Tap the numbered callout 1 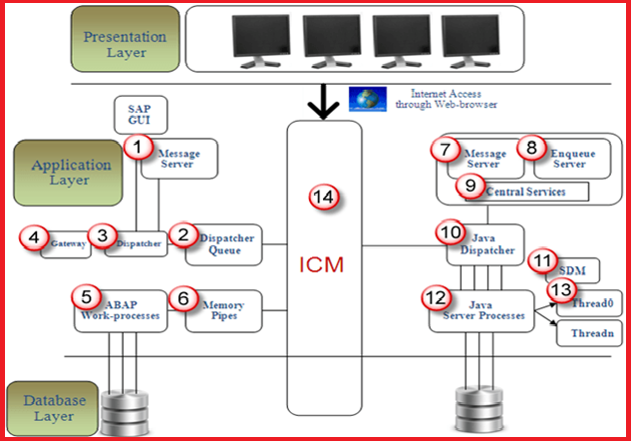click(x=139, y=147)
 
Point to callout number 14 click(x=321, y=198)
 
